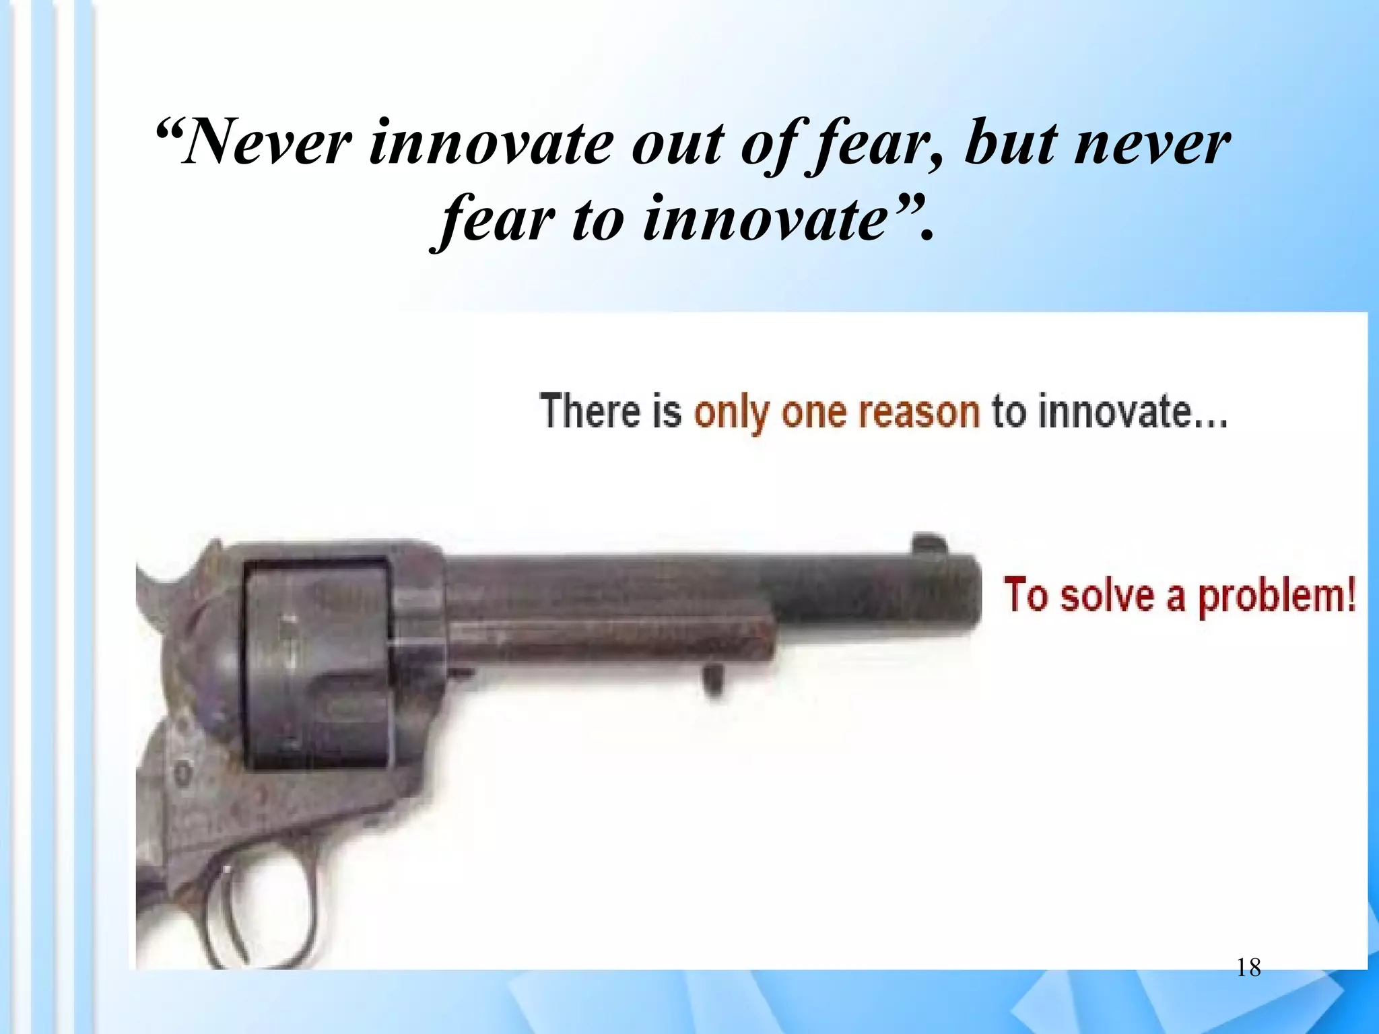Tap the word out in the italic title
[x=679, y=144]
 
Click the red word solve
[x=1108, y=596]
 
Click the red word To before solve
[x=1025, y=595]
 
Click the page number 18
[x=1249, y=968]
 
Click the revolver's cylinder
[x=316, y=663]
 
